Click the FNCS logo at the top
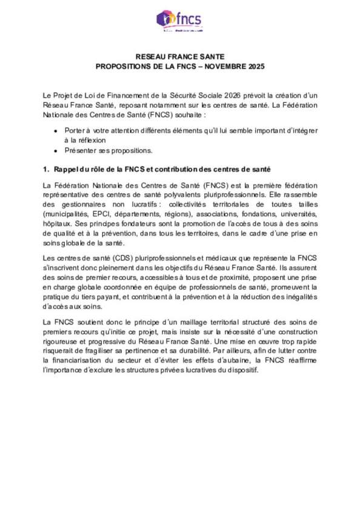point(180,21)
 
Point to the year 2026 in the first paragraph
point(232,95)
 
